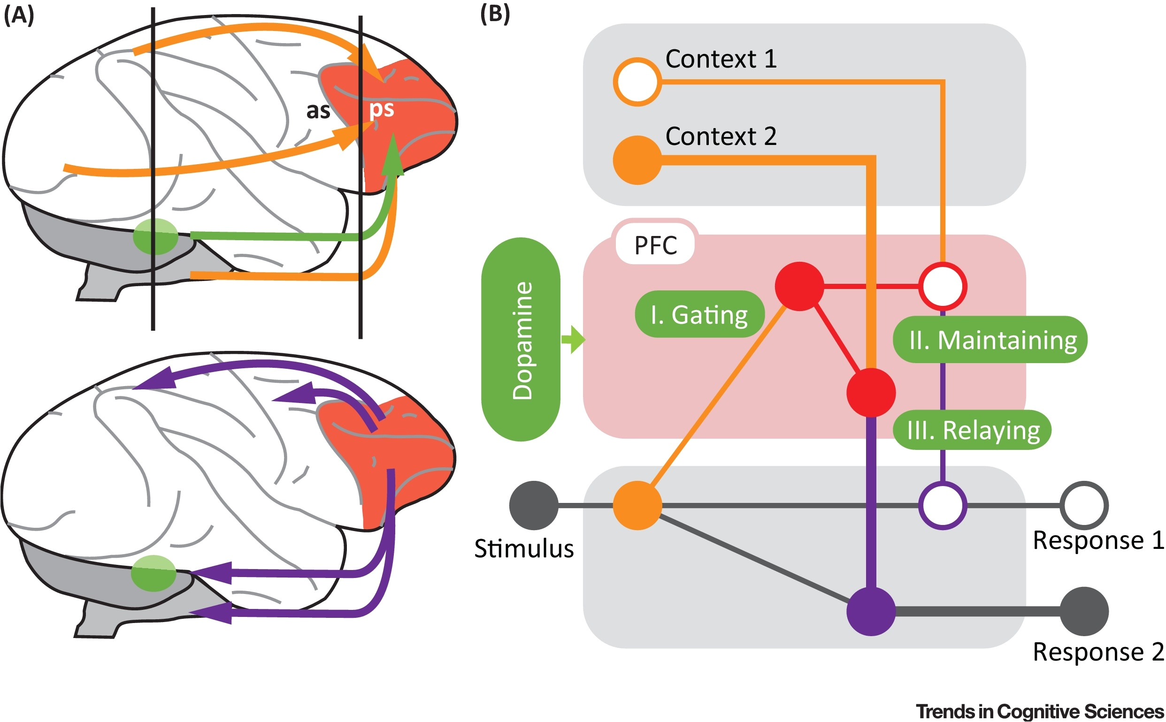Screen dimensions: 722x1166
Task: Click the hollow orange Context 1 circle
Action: pyautogui.click(x=637, y=82)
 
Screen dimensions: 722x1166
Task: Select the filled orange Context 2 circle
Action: pyautogui.click(x=637, y=160)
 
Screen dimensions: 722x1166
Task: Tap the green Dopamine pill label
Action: pyautogui.click(x=521, y=340)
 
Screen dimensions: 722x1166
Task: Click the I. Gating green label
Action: pyautogui.click(x=699, y=314)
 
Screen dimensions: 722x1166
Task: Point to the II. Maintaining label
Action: pyautogui.click(x=990, y=340)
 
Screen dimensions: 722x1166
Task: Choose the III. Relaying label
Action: pyautogui.click(x=972, y=430)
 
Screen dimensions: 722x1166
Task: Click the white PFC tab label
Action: pyautogui.click(x=655, y=245)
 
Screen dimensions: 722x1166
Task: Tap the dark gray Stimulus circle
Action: pyautogui.click(x=534, y=505)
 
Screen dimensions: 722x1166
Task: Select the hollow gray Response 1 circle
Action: pyautogui.click(x=1084, y=505)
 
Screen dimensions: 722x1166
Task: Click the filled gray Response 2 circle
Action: pyautogui.click(x=1084, y=611)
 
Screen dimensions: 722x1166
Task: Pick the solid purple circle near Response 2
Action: pyautogui.click(x=870, y=611)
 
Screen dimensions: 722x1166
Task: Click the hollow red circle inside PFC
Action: pyautogui.click(x=943, y=287)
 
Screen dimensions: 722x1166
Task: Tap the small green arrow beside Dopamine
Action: pyautogui.click(x=573, y=340)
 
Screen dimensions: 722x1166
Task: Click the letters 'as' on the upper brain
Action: pyautogui.click(x=318, y=111)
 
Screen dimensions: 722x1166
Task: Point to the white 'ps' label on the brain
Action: pyautogui.click(x=381, y=109)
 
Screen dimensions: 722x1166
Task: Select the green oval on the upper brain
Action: pyautogui.click(x=155, y=236)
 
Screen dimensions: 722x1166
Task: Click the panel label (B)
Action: pyautogui.click(x=495, y=15)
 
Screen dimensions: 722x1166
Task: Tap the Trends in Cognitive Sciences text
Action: pyautogui.click(x=1039, y=711)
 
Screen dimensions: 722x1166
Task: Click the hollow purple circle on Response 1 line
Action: pyautogui.click(x=943, y=505)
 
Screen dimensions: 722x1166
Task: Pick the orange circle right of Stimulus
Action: pyautogui.click(x=637, y=505)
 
